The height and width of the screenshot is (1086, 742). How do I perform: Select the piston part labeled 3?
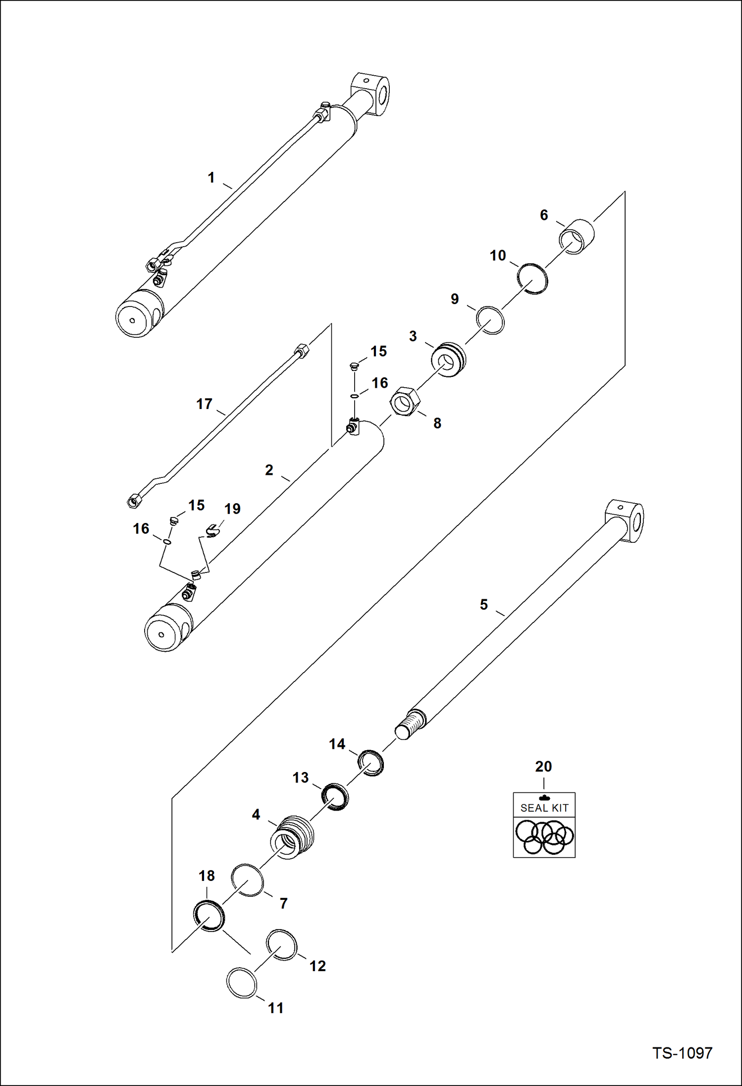[x=448, y=359]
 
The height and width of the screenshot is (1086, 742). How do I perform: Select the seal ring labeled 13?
[x=335, y=797]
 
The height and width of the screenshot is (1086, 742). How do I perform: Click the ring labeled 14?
[x=371, y=763]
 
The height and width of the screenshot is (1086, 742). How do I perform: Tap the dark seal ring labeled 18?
[x=208, y=915]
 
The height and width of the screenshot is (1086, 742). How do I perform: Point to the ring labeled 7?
[x=248, y=880]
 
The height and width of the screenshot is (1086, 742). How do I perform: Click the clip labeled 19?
[x=212, y=531]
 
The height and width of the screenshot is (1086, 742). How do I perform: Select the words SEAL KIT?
[x=544, y=808]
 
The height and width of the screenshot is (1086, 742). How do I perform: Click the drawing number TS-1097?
[x=682, y=1053]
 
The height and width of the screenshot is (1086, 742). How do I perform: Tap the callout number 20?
[x=543, y=767]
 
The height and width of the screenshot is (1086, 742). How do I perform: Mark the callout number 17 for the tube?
[x=204, y=404]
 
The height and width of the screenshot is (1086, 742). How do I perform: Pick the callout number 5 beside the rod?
[x=483, y=604]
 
